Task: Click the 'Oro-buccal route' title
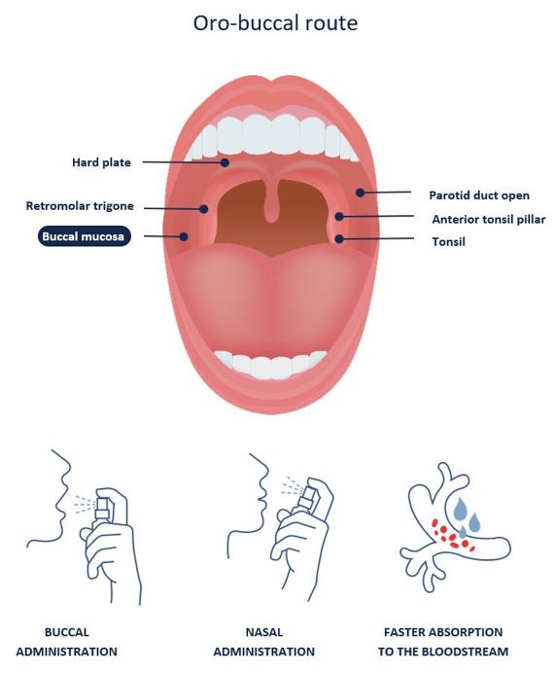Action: pos(275,23)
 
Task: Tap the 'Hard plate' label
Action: pos(101,162)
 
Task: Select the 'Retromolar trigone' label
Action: pos(80,206)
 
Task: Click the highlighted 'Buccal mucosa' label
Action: pos(84,236)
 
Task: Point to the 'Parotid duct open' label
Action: pos(479,195)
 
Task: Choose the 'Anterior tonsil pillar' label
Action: pos(489,220)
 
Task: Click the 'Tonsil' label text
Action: pos(448,241)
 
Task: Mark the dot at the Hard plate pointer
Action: pos(225,162)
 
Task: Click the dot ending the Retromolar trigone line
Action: pos(204,209)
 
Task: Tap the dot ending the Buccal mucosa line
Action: pos(184,236)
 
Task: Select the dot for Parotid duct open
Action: pos(361,193)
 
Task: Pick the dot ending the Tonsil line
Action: pos(339,238)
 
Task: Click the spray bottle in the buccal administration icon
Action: pos(103,510)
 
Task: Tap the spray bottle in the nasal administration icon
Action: pos(307,498)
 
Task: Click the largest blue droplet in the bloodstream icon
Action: pos(461,508)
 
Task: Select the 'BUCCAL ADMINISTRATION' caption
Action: pos(66,642)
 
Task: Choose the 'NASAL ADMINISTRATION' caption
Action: pos(263,642)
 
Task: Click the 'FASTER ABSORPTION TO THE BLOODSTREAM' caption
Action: pos(443,642)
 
